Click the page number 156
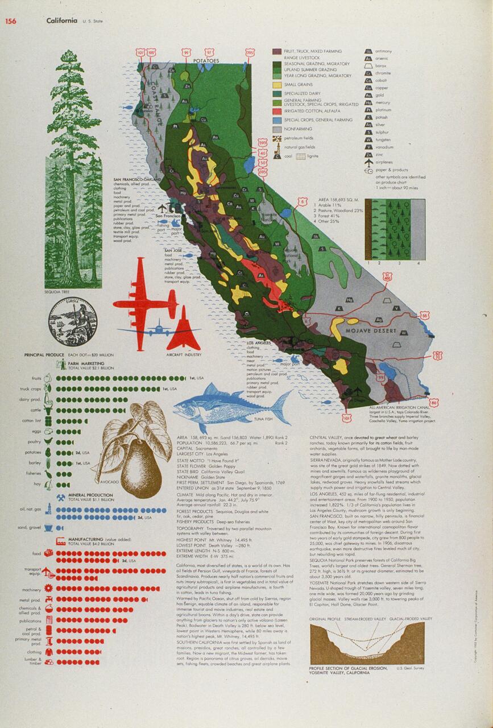[10, 21]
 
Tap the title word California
[63, 21]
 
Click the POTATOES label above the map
[205, 60]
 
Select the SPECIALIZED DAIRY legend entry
[302, 93]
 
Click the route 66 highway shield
[424, 315]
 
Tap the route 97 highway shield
[209, 52]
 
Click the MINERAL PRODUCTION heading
[91, 495]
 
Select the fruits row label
[36, 378]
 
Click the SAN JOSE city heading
[173, 250]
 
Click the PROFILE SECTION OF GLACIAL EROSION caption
[348, 668]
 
